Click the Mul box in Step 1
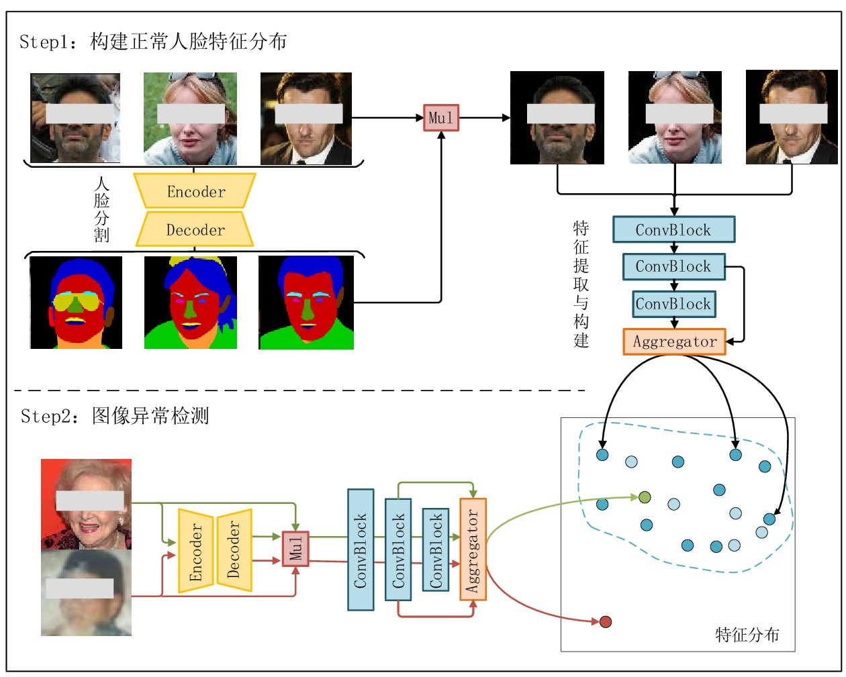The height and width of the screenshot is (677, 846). (x=441, y=117)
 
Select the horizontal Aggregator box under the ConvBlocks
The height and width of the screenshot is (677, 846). (x=674, y=342)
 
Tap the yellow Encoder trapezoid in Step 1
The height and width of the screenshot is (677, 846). (x=195, y=191)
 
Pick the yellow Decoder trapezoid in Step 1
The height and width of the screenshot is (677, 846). (x=195, y=229)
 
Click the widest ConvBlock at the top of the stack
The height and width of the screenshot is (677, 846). (x=673, y=229)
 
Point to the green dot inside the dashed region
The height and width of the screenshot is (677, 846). (x=645, y=497)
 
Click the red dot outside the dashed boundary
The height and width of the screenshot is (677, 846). (x=606, y=622)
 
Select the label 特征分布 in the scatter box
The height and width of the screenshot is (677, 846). (x=747, y=634)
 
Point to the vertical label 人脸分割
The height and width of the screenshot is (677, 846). (x=101, y=209)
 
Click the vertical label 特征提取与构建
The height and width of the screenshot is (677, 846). (x=581, y=284)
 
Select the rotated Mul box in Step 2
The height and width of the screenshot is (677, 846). (x=295, y=548)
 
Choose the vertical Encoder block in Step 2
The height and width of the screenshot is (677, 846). (x=195, y=551)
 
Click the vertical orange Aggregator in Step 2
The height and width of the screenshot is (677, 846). (x=473, y=550)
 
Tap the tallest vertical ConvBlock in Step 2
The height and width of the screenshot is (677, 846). (x=361, y=550)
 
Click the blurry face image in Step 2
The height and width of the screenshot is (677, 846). (x=86, y=592)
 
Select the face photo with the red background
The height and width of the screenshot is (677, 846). (x=86, y=504)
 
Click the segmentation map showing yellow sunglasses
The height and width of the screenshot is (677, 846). (x=76, y=303)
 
